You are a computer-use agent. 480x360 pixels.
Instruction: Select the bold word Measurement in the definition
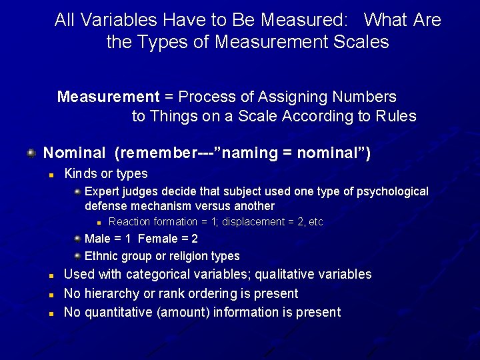coord(108,97)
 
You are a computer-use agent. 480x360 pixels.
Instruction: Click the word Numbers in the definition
coord(365,97)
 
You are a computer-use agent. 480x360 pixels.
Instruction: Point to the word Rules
coord(396,117)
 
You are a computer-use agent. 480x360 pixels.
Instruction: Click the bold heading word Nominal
coord(74,153)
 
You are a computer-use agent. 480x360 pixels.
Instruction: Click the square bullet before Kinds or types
coord(51,175)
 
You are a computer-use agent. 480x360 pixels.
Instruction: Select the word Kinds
coord(80,174)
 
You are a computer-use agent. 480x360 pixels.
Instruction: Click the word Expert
coord(101,192)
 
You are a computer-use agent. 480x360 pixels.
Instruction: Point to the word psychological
coord(393,192)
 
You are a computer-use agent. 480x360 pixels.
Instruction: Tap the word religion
coord(177,256)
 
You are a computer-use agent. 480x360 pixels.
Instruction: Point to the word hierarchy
coord(110,294)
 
